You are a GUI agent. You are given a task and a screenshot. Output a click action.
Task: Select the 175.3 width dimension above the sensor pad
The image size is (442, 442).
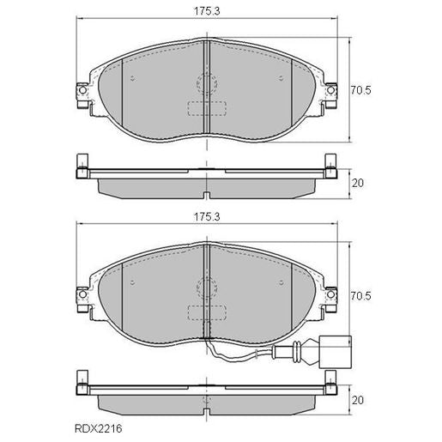pos(205,219)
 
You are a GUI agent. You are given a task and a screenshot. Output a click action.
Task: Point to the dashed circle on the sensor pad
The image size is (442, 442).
pos(206,290)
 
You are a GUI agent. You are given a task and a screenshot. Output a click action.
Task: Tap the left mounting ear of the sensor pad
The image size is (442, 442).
pos(82,298)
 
